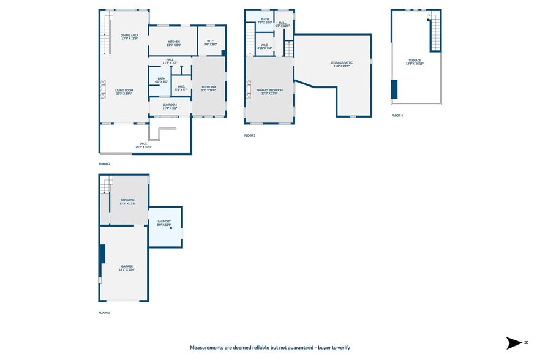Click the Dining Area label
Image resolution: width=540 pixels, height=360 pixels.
coord(129,36)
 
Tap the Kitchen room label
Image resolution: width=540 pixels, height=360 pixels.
coord(174,42)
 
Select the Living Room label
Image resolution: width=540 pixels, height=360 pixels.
coord(124,90)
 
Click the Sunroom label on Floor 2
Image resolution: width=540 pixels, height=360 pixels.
coord(170,105)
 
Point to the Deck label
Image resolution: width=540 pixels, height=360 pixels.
coord(143,144)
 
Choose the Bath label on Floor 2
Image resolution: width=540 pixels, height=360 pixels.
coord(161,78)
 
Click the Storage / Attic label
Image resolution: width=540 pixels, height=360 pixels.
coord(342,62)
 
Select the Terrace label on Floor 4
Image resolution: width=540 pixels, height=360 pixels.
coord(414,61)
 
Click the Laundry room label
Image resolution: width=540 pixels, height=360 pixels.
coord(163,222)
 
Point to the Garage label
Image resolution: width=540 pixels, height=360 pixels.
coord(127,266)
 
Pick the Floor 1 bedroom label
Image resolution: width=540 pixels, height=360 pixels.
coord(127,200)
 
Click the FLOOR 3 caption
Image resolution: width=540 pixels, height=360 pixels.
coord(250,135)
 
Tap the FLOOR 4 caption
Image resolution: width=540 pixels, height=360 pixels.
coord(397,115)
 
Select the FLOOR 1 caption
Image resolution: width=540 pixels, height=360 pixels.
coord(105,312)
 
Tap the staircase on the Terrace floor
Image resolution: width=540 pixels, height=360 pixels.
coord(435,34)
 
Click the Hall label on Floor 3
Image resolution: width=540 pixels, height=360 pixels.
coord(282,23)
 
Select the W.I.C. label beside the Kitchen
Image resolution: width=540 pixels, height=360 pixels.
coord(210,42)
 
